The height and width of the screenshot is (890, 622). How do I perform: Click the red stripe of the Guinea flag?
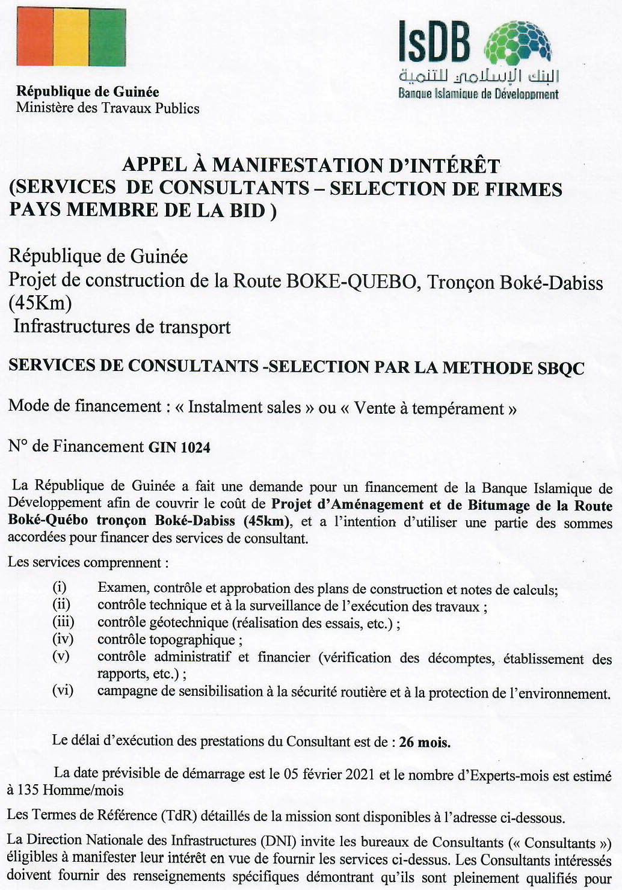coord(35,37)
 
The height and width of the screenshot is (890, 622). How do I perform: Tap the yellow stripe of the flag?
coord(72,37)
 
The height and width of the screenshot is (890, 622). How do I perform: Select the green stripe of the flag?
coord(108,37)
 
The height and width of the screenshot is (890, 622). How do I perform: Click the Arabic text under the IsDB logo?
coord(479,76)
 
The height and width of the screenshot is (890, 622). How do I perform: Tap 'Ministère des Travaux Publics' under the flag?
coord(108,108)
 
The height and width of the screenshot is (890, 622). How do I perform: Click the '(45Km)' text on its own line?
coord(40,302)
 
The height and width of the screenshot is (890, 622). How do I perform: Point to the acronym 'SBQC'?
coord(559,368)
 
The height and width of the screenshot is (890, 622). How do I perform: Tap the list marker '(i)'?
coord(60,587)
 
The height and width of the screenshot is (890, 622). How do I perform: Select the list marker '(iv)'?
coord(63,639)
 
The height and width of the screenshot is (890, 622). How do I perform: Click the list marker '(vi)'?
coord(63,690)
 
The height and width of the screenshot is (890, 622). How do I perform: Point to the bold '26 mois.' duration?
coord(425,743)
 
